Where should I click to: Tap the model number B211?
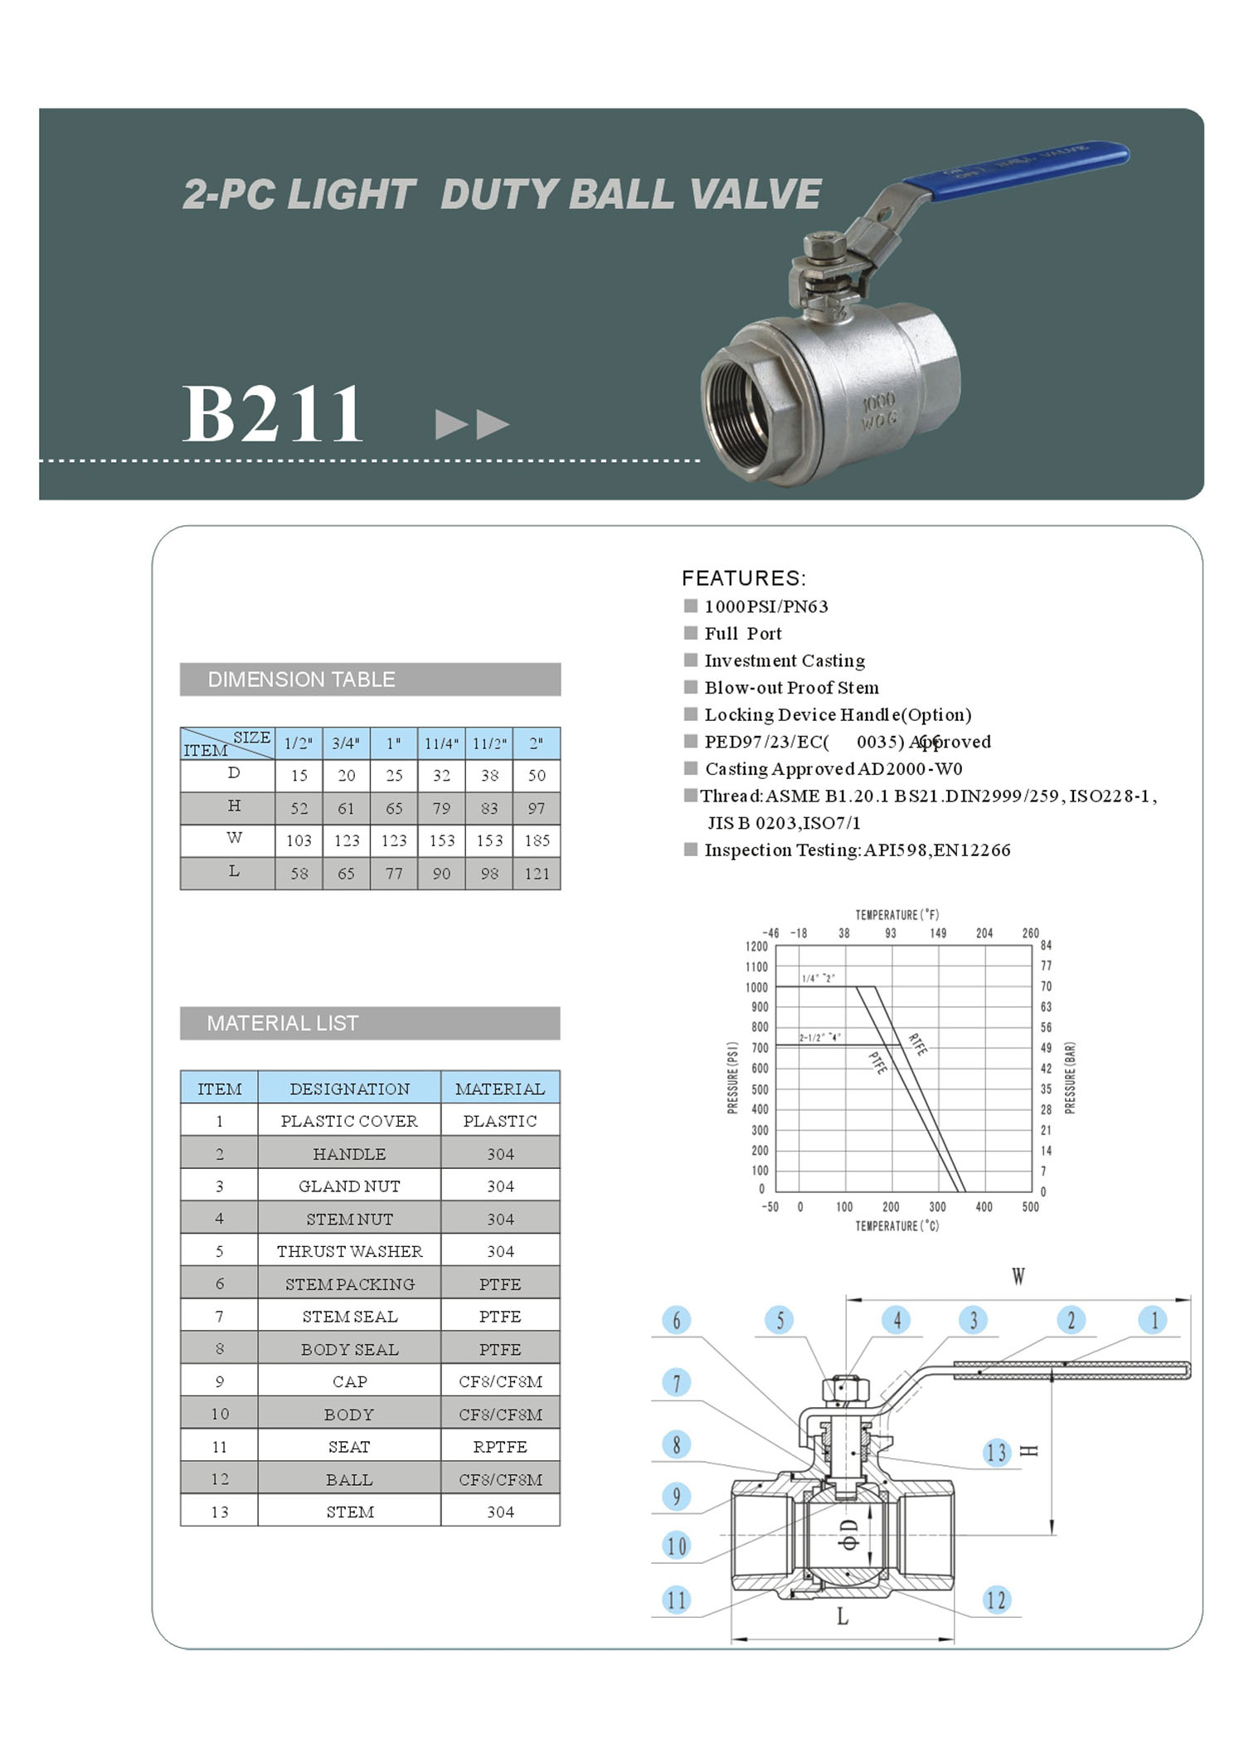(272, 414)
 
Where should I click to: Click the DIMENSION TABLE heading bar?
(370, 679)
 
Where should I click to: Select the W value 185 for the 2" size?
(537, 840)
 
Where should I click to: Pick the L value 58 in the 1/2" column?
(299, 874)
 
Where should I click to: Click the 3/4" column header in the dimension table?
(346, 743)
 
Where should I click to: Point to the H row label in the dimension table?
(234, 806)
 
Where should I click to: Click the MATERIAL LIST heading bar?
(370, 1023)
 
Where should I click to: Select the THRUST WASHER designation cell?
(349, 1251)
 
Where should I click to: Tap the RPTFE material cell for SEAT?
(500, 1447)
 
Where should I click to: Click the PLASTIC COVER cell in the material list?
(349, 1121)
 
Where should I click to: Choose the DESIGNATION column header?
(349, 1088)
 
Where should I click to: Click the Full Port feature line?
(742, 634)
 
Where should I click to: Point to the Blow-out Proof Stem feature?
(791, 688)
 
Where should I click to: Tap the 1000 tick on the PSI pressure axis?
(756, 987)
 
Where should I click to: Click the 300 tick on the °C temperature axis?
(937, 1207)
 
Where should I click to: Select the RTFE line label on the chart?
(917, 1045)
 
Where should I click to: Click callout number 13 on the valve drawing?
(996, 1453)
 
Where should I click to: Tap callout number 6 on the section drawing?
(677, 1320)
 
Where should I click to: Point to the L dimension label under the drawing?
(843, 1616)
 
